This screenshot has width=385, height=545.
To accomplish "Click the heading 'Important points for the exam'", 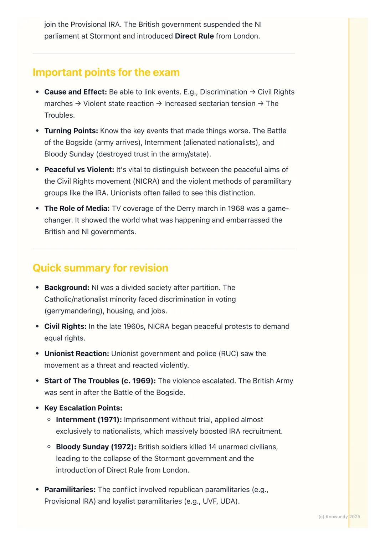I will point(106,72).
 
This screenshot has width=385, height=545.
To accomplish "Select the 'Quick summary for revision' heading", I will point(100,268).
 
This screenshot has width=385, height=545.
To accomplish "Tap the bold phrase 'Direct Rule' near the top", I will point(194,36).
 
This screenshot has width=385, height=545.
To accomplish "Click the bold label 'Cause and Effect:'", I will point(76,92).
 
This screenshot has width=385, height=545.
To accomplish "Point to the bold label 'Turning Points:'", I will point(71,131).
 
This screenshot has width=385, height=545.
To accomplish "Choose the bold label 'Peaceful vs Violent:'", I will point(79,170).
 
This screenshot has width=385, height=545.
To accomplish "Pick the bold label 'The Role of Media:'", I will point(77,208).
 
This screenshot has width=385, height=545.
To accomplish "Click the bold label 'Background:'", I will point(67,287).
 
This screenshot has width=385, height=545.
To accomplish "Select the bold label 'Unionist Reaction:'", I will point(77,353).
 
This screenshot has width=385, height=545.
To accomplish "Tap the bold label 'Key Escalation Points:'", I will point(83,408).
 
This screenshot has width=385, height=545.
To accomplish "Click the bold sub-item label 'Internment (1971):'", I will point(89,419).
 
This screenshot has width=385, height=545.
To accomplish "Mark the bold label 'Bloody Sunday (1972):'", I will point(96,447).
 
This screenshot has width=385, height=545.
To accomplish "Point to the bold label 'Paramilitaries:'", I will point(70,489).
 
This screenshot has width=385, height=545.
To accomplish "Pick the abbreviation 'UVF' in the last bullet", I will point(210,501).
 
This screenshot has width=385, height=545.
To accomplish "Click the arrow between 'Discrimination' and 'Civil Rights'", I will point(252,92).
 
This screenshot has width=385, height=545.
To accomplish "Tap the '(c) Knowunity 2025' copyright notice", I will point(339,516).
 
